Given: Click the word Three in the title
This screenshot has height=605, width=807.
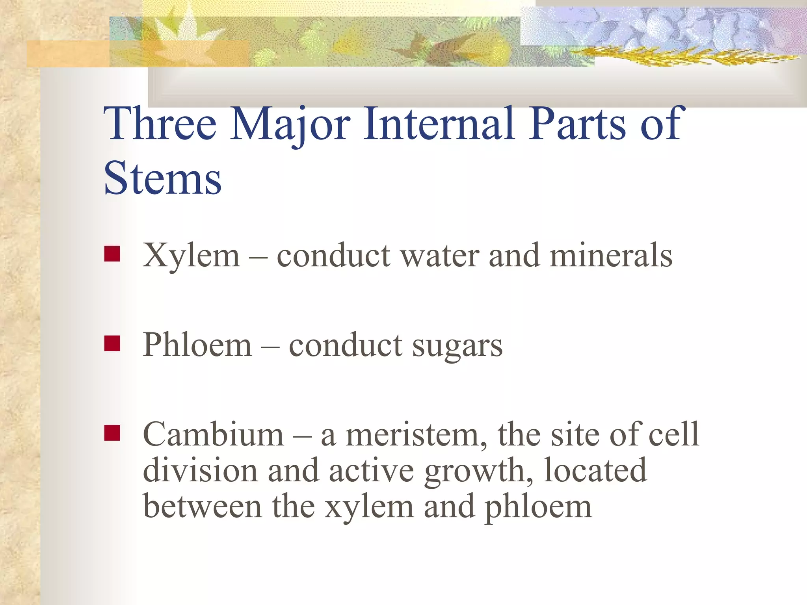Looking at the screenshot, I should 160,124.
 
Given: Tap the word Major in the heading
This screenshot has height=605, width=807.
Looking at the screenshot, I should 290,125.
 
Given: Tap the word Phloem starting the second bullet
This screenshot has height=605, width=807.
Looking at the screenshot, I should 197,345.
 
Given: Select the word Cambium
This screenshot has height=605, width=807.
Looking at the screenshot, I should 213,434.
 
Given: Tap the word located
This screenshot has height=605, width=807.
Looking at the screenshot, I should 595,470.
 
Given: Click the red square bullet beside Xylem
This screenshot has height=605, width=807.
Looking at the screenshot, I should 112,254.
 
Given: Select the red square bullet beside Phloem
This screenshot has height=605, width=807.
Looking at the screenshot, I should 112,343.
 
